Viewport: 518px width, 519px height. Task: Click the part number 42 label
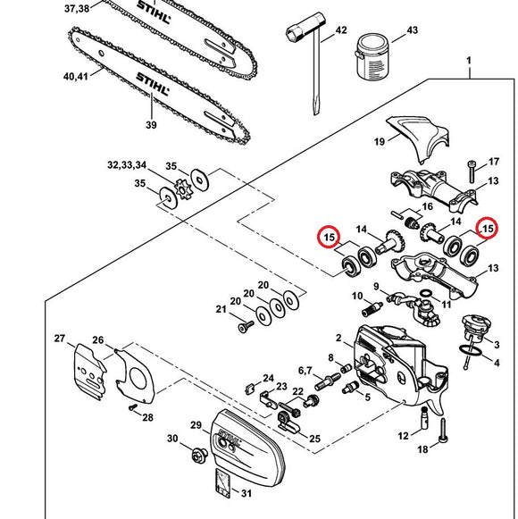coord(340,31)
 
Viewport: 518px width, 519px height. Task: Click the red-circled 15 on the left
coord(329,238)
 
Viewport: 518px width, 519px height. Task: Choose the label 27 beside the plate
coord(61,339)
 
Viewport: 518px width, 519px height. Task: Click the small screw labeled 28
coord(132,409)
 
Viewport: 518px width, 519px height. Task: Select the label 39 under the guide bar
coord(150,125)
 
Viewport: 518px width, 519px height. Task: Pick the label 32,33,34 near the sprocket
coord(127,165)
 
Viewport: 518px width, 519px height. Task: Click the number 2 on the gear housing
coord(339,339)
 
